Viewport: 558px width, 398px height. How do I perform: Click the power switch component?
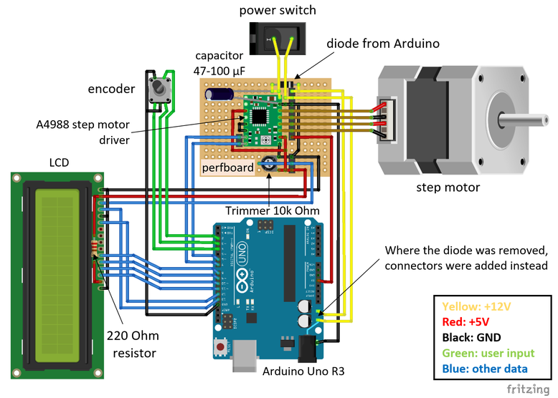[x=277, y=36]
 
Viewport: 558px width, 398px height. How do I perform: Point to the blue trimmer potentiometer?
[x=269, y=162]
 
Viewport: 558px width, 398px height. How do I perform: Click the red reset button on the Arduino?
[x=219, y=349]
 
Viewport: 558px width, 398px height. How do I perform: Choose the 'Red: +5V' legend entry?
[x=470, y=321]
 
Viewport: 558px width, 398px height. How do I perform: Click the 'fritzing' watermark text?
[x=530, y=389]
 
